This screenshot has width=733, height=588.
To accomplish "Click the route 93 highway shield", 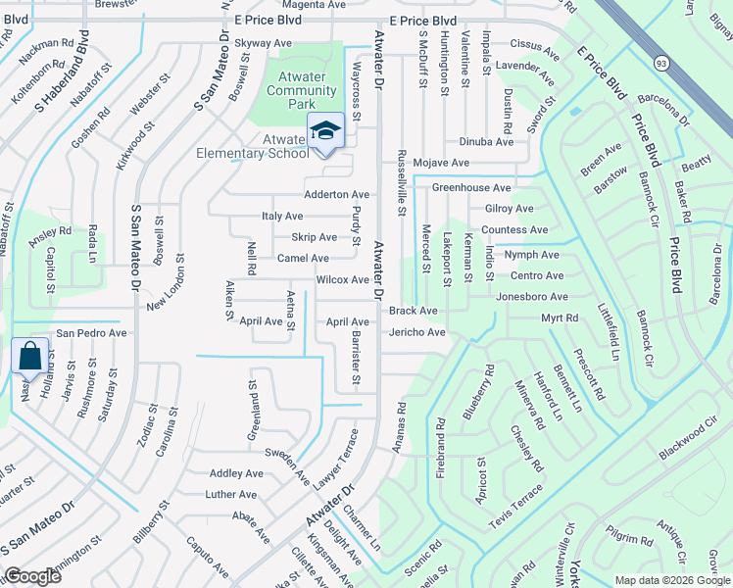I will [662, 63].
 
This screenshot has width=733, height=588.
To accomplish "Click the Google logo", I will [32, 576].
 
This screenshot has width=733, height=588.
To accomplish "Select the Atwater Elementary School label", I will [252, 146].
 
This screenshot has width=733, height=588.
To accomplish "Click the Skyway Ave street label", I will [264, 43].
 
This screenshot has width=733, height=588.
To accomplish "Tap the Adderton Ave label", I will [336, 194].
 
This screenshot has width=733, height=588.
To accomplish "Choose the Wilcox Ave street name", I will [342, 279].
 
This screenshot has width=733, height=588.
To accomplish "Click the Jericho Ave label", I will [416, 332].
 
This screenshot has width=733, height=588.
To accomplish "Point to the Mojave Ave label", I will [440, 163].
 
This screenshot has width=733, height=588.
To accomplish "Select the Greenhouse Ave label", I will [472, 187].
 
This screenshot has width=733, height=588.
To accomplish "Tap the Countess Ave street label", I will [514, 229].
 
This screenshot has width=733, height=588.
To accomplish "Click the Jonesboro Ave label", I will [531, 296].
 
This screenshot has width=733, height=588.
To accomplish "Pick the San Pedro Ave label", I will [91, 333].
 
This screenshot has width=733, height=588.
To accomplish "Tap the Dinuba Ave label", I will [486, 141].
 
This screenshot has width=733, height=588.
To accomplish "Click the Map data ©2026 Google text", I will [673, 579].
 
